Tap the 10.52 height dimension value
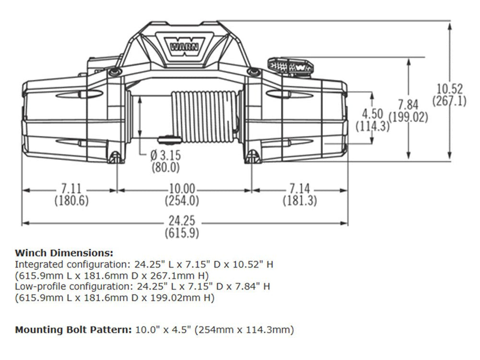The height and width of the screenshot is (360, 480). [x=449, y=89]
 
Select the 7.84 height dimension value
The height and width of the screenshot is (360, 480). [x=408, y=105]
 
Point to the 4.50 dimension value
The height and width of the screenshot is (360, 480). [x=372, y=114]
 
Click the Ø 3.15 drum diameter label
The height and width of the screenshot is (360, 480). [x=165, y=156]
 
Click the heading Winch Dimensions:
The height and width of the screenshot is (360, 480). [x=64, y=253]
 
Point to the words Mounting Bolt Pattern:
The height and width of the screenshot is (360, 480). [x=71, y=330]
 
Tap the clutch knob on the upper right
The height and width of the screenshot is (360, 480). [x=290, y=66]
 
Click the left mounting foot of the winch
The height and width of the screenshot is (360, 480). [x=114, y=157]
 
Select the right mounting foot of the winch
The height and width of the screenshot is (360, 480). [x=253, y=157]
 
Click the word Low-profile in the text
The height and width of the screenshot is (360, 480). [x=36, y=287]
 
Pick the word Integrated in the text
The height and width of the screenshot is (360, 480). [x=34, y=264]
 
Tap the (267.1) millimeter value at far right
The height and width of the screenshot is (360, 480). [x=449, y=101]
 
